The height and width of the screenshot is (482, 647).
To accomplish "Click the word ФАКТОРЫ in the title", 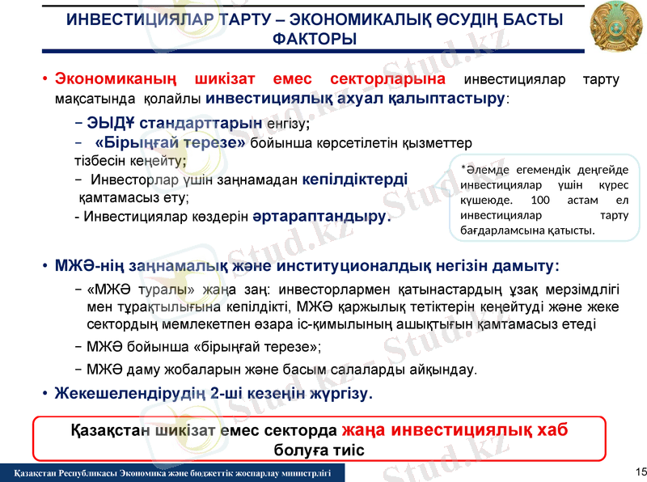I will coord(315,40).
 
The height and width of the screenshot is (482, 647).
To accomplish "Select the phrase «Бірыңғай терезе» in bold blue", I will coord(170,143).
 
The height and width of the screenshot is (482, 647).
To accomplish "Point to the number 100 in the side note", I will coord(543,200).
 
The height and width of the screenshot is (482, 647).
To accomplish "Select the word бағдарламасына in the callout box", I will coord(503,230).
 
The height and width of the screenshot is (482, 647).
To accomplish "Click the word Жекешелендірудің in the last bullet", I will coord(129,395).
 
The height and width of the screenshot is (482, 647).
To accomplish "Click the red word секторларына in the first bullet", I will coord(387,79).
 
